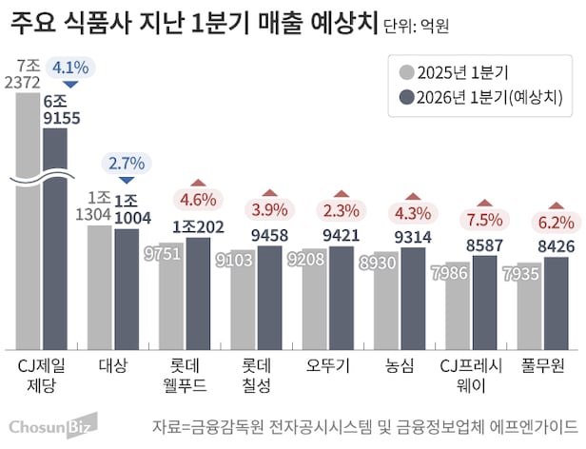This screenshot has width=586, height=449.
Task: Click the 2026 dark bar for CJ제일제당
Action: [x=55, y=238]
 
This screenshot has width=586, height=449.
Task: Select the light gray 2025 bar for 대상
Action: [x=99, y=285]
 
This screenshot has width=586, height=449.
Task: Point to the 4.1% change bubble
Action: [x=71, y=68]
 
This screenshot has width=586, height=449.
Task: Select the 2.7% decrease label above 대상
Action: [x=126, y=163]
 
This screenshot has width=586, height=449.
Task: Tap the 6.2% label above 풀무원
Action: [x=557, y=224]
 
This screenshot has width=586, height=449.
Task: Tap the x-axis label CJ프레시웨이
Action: [x=470, y=375]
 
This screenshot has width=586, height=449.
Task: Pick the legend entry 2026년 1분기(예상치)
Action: [x=480, y=98]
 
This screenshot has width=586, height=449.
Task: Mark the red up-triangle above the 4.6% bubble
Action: [x=198, y=184]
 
